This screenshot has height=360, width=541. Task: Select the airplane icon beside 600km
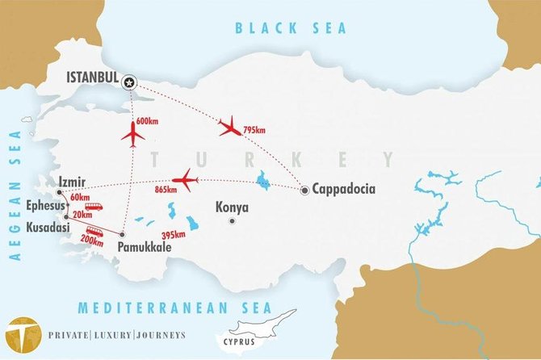[x=132, y=133]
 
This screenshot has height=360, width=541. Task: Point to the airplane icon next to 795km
[x=230, y=126]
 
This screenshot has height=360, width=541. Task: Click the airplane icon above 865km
[x=185, y=179]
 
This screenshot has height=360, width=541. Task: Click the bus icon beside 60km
[x=94, y=207]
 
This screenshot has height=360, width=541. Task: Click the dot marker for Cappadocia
[x=304, y=190]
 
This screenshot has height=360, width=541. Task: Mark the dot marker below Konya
[x=233, y=220]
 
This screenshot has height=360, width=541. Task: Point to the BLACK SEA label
[x=291, y=28]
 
